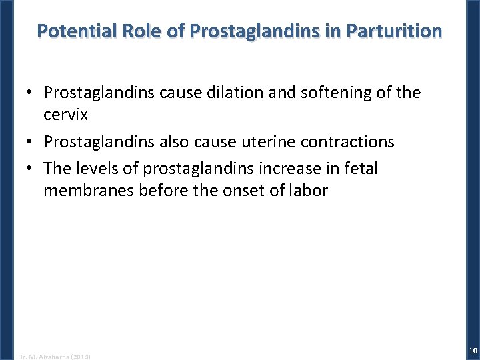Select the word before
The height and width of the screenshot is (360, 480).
(x=157, y=191)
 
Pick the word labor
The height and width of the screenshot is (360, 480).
(x=307, y=191)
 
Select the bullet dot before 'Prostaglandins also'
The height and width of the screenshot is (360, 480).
(x=31, y=143)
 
